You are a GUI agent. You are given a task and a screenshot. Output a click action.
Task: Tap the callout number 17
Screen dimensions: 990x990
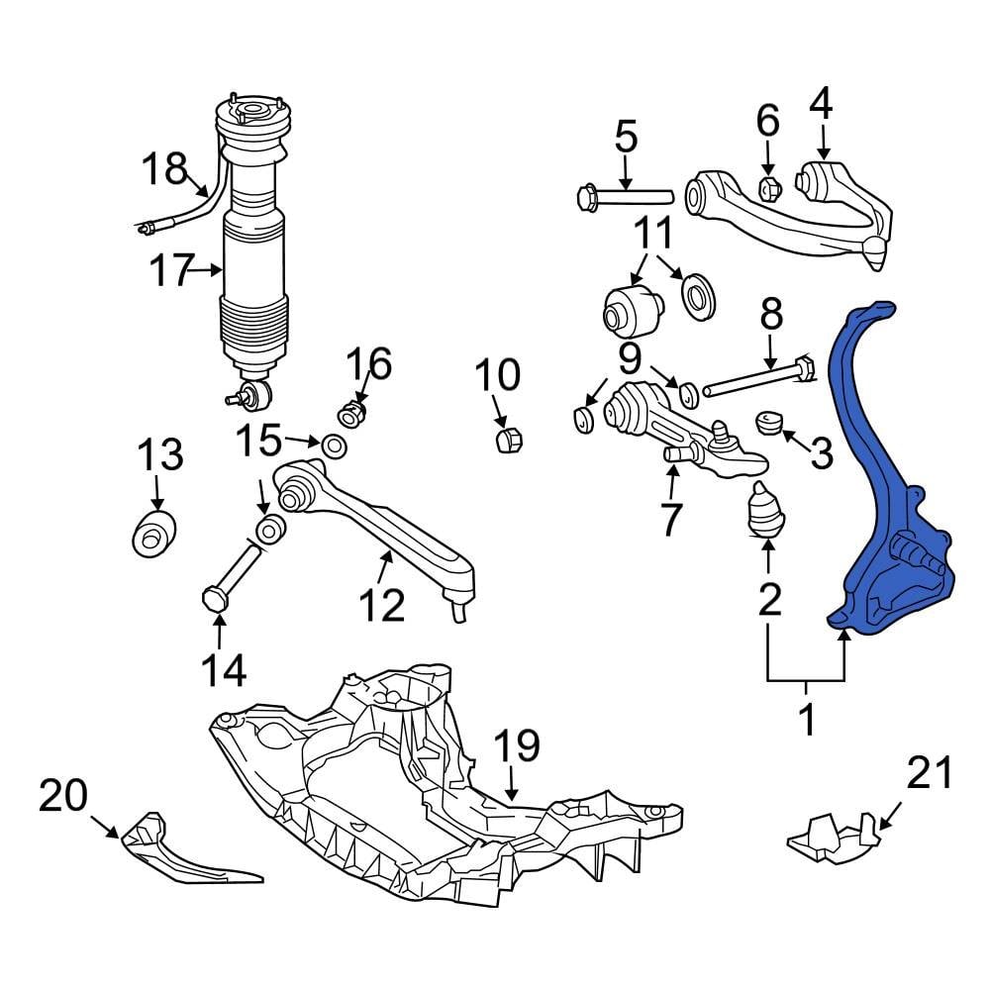pyautogui.click(x=170, y=270)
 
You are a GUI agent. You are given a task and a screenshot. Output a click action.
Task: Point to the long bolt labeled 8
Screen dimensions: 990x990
pyautogui.click(x=757, y=379)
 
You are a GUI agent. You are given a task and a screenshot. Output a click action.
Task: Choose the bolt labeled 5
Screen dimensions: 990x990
pyautogui.click(x=624, y=195)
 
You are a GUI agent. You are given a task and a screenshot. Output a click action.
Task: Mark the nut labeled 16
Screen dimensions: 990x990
pyautogui.click(x=353, y=410)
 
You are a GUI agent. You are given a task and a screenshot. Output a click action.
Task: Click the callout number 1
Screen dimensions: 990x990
pyautogui.click(x=807, y=720)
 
